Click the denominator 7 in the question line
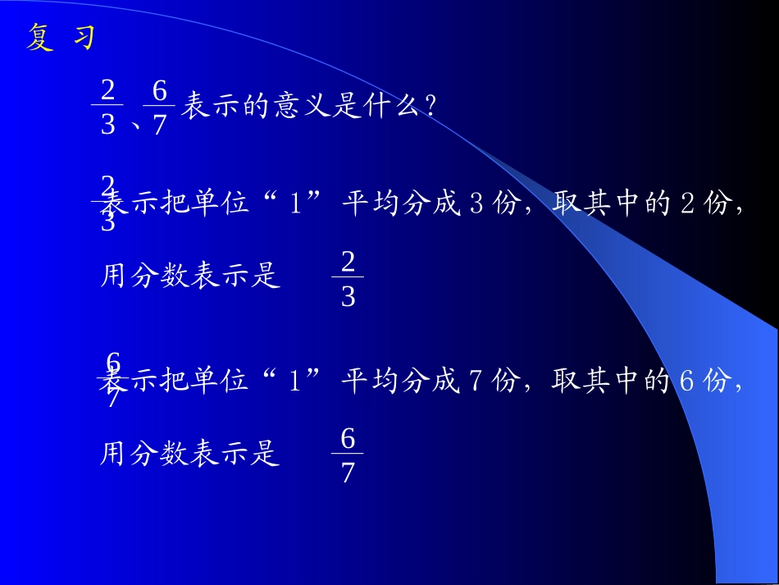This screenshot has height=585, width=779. tap(159, 126)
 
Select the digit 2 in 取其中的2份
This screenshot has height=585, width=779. tap(688, 203)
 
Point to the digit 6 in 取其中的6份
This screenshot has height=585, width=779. tap(688, 382)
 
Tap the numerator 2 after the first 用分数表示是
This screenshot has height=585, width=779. tap(348, 262)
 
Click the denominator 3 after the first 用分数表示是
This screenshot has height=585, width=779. tap(348, 297)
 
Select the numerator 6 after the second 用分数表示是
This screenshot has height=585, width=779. tap(348, 440)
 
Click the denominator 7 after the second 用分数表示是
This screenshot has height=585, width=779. tap(348, 474)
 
